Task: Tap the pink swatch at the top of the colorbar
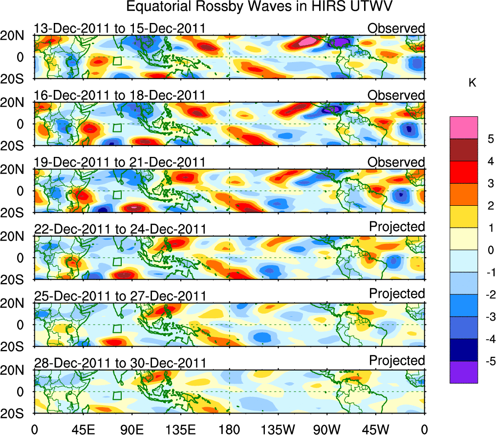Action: tap(464, 128)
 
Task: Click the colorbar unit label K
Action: tap(472, 84)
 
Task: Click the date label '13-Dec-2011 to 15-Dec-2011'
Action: tap(119, 28)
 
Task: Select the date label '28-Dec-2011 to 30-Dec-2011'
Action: tap(119, 362)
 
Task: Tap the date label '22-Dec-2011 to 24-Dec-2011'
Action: tap(119, 229)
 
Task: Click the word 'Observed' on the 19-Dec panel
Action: tap(396, 162)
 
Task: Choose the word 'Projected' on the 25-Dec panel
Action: tap(397, 293)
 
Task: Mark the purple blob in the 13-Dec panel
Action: tap(340, 43)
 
